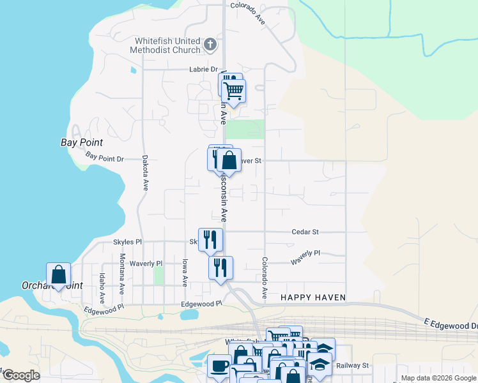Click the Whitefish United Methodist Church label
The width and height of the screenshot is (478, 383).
pyautogui.click(x=165, y=45)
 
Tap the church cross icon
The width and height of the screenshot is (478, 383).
pyautogui.click(x=211, y=45)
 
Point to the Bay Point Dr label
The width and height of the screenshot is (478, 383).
pyautogui.click(x=104, y=157)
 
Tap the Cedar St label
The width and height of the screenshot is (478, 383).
pyautogui.click(x=305, y=232)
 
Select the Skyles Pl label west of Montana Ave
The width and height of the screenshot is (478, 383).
pyautogui.click(x=127, y=243)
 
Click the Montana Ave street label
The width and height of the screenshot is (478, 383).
pyautogui.click(x=121, y=274)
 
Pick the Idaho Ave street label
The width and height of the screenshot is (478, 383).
pyautogui.click(x=101, y=288)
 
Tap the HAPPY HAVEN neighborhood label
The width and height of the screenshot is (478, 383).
pyautogui.click(x=313, y=298)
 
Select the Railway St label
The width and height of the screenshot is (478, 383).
pyautogui.click(x=357, y=366)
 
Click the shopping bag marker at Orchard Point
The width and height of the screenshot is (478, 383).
pyautogui.click(x=58, y=275)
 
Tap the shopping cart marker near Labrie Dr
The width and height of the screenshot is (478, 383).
pyautogui.click(x=233, y=91)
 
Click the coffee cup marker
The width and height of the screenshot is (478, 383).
pyautogui.click(x=219, y=366)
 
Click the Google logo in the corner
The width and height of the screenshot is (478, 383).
pyautogui.click(x=20, y=375)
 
